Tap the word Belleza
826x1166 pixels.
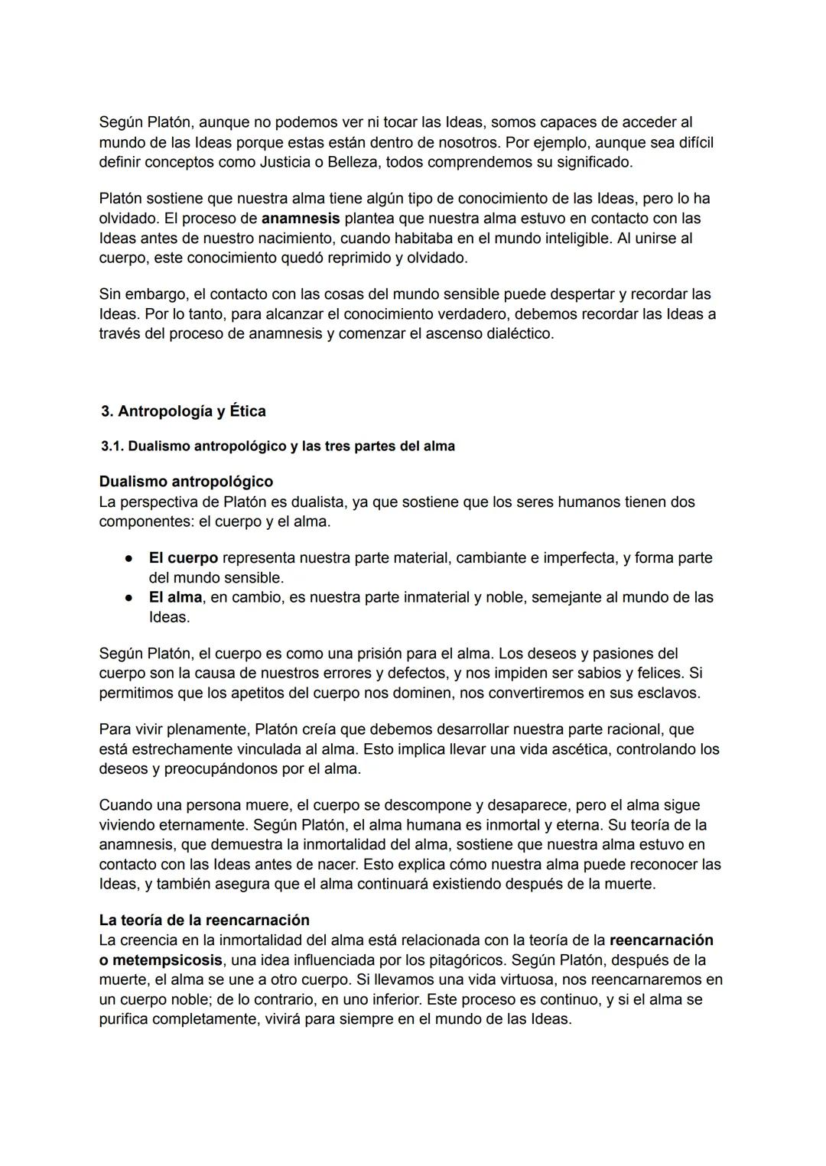pyautogui.click(x=357, y=162)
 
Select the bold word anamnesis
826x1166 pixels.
pyautogui.click(x=301, y=218)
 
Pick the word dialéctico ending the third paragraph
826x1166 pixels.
pyautogui.click(x=519, y=333)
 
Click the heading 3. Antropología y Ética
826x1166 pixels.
pyautogui.click(x=184, y=411)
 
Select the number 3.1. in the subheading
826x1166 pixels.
pyautogui.click(x=113, y=447)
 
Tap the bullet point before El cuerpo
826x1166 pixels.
pyautogui.click(x=130, y=558)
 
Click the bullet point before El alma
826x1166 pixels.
pyautogui.click(x=130, y=597)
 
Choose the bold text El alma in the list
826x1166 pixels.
pyautogui.click(x=175, y=597)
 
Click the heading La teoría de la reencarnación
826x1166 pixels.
pyautogui.click(x=204, y=920)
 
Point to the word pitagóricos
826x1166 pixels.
pyautogui.click(x=461, y=960)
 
